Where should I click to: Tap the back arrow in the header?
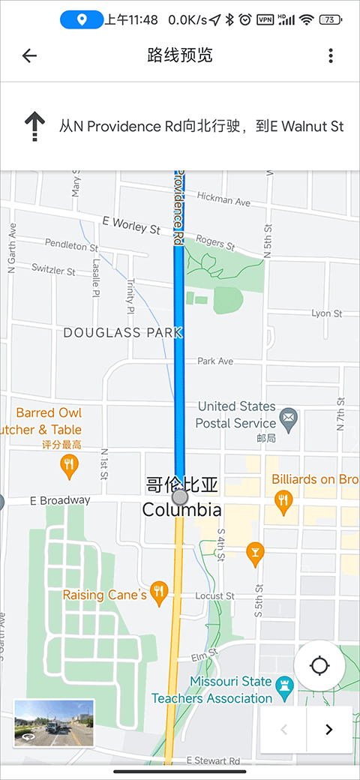(x=29, y=55)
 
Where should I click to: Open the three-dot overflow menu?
(x=331, y=55)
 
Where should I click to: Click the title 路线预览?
(x=180, y=55)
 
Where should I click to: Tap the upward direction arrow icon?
(x=34, y=126)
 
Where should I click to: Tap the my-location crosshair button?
(x=319, y=665)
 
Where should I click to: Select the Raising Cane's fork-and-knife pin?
(x=158, y=593)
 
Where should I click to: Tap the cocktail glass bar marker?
(x=255, y=553)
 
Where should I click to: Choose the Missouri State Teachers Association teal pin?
(x=283, y=685)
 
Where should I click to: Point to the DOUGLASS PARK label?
(x=123, y=332)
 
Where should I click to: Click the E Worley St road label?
(x=131, y=225)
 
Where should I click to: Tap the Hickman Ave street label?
(x=223, y=199)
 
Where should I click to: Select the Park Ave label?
(x=215, y=361)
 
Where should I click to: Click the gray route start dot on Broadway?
(x=179, y=496)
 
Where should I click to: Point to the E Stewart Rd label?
(x=217, y=760)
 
